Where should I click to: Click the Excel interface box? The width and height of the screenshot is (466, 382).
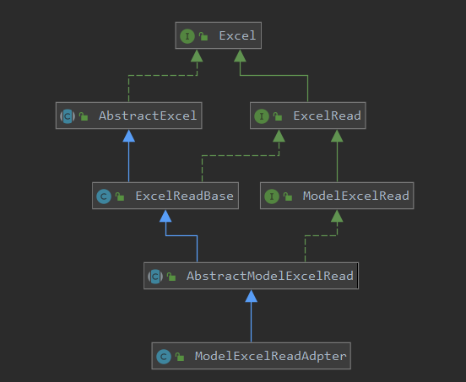(219, 35)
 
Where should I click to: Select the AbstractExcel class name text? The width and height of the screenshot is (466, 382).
(148, 116)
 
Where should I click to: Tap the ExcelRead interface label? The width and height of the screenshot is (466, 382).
(327, 116)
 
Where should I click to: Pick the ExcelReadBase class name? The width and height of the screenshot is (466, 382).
(184, 196)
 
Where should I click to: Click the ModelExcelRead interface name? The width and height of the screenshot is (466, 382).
(355, 196)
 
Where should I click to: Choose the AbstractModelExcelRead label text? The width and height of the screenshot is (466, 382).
(270, 276)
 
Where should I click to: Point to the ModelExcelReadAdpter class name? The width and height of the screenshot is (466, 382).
(270, 356)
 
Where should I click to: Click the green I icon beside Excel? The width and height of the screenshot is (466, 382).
(187, 36)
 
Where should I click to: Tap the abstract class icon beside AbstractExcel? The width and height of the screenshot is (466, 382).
(68, 116)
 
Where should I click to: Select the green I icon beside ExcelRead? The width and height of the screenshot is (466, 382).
(262, 116)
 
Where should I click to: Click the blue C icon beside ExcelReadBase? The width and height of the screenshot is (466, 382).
(104, 196)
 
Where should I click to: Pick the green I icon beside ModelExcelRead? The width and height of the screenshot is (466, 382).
(272, 196)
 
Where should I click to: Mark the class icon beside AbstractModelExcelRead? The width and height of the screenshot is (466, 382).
(155, 277)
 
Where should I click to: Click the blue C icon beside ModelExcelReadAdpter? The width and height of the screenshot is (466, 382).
(164, 357)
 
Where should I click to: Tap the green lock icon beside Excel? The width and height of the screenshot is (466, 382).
(203, 36)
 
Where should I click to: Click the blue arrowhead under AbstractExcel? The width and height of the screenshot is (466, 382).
(128, 136)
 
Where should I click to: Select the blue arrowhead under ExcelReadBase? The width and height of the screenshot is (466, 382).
(165, 216)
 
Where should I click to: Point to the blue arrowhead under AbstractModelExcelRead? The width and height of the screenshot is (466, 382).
(251, 296)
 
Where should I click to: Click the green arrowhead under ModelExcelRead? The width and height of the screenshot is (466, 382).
(337, 216)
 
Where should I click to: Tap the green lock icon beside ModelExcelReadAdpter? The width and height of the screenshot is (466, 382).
(180, 357)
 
